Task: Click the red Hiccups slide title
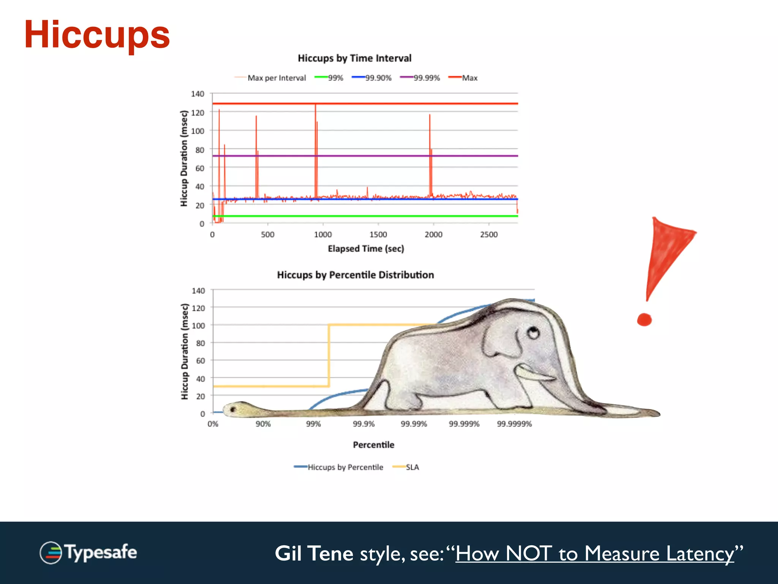point(97,35)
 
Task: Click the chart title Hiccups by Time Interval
point(354,58)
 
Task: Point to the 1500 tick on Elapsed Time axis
point(378,235)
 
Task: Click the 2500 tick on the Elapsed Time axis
point(489,235)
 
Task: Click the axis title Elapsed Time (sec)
point(366,249)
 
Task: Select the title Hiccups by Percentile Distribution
point(355,275)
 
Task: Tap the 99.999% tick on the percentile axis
point(464,424)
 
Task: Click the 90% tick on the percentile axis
point(263,424)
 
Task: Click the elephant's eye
point(533,333)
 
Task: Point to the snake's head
point(237,409)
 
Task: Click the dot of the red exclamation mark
point(644,320)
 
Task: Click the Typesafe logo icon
point(51,553)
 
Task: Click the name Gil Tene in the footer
point(314,554)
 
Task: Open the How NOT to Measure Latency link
point(595,554)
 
